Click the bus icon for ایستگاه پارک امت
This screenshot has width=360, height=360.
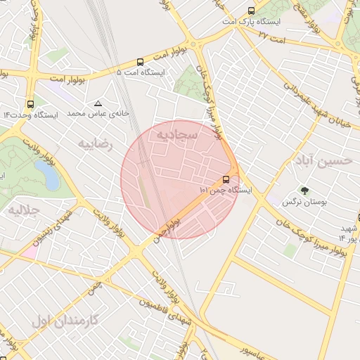coord(251,11)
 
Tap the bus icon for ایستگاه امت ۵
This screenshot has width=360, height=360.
coord(141,62)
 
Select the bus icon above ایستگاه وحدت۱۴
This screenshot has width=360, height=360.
coord(30,103)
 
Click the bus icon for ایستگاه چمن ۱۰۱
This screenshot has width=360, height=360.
coord(226,179)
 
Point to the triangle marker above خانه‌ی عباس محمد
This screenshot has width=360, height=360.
coord(98,103)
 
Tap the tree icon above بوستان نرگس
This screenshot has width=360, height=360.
coord(304,191)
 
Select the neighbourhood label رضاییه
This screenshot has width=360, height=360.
coord(95,144)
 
